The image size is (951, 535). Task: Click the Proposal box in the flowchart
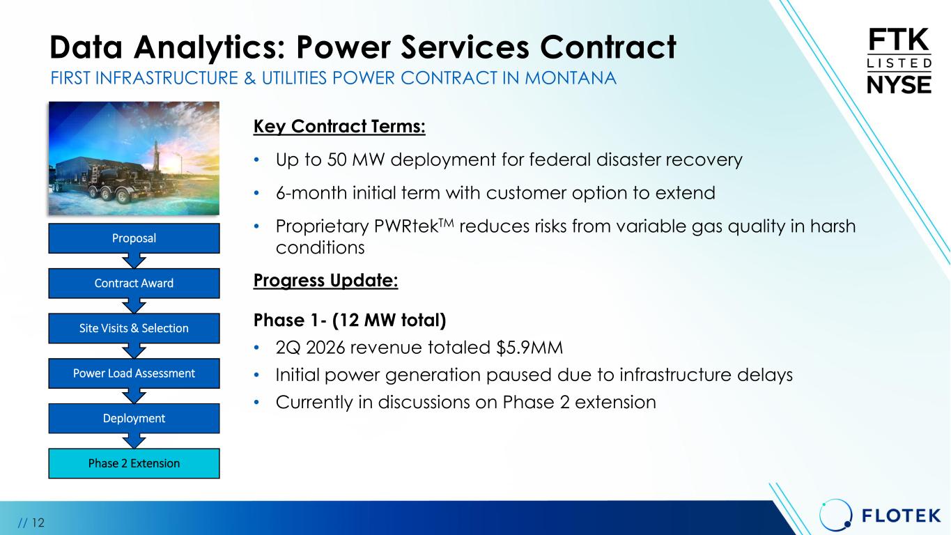134,238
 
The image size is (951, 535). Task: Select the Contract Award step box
134,284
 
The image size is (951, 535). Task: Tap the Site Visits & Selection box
134,328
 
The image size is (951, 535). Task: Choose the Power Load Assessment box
134,373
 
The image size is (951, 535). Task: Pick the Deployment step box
134,418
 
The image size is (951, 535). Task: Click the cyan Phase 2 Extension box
134,463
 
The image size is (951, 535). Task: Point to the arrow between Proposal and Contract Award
134,261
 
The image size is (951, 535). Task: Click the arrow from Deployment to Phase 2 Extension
134,441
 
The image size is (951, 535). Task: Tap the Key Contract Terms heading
339,127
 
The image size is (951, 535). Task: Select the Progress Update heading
325,281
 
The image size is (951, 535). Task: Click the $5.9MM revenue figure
529,348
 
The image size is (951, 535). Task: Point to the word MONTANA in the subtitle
570,78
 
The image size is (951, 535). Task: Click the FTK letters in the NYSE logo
899,40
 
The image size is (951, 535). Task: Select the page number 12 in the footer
38,522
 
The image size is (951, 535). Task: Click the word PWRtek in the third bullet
406,226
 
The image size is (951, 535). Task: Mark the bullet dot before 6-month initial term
256,193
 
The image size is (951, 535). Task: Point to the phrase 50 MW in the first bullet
356,160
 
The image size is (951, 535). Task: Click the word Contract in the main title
608,47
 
